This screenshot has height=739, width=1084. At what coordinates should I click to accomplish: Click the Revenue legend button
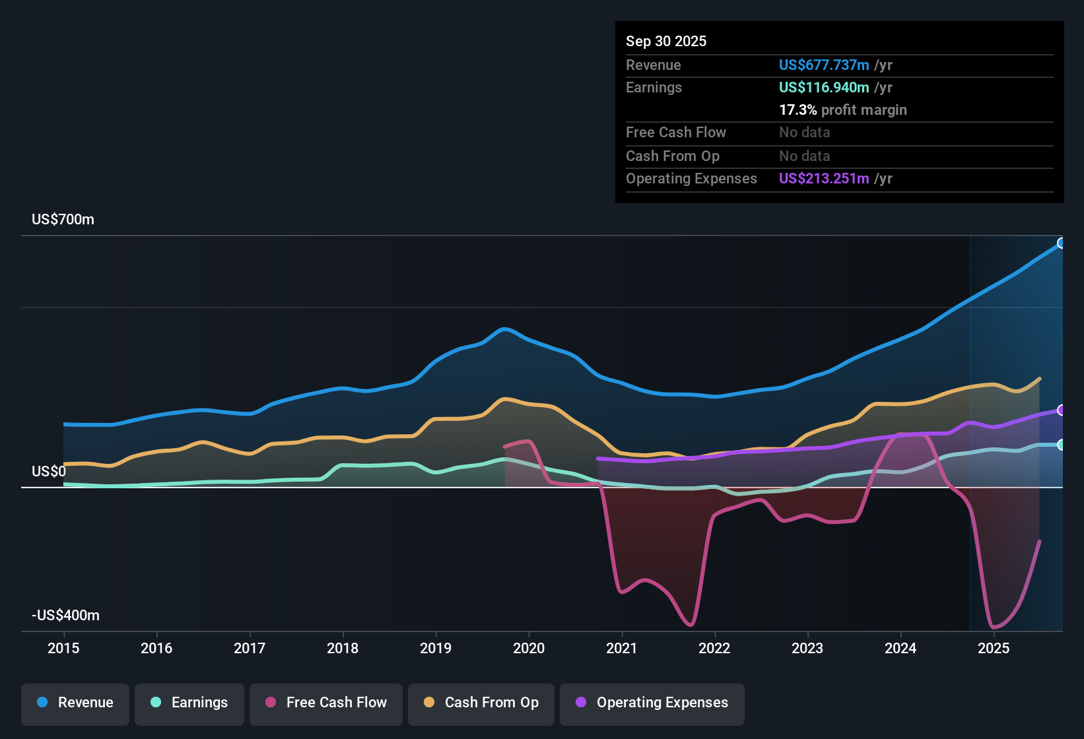tap(75, 703)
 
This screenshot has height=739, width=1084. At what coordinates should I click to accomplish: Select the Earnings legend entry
tap(189, 703)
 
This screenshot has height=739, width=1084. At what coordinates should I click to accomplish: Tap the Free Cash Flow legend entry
tap(326, 703)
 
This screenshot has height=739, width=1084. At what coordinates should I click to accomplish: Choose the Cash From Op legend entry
tap(481, 703)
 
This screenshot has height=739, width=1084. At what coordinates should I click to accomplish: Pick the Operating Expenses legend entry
tap(652, 703)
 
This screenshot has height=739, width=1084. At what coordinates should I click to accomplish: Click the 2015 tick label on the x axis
tap(63, 649)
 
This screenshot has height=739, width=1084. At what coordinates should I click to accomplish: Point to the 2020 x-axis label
tap(529, 649)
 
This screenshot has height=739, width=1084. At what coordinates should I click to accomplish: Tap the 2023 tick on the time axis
tap(807, 649)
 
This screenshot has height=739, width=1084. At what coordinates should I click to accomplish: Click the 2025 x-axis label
tap(994, 649)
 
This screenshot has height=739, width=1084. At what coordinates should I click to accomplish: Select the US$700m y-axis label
tap(63, 220)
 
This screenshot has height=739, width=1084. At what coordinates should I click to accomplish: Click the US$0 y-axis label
tap(49, 472)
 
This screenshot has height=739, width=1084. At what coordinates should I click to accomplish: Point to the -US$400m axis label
tap(66, 616)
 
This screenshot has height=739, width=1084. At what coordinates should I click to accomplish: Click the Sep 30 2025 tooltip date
tap(666, 42)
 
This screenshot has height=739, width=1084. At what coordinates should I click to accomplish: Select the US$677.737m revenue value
tap(824, 65)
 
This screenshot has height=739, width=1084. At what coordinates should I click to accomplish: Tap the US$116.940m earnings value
tap(824, 88)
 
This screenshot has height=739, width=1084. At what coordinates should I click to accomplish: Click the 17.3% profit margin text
tap(843, 110)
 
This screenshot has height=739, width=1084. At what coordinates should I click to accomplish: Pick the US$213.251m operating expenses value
tap(824, 179)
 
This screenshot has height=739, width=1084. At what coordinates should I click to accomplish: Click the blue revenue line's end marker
tap(1061, 243)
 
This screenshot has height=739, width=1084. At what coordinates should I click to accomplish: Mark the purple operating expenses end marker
tap(1061, 410)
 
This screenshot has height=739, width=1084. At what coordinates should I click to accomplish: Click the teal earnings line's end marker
tap(1061, 445)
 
